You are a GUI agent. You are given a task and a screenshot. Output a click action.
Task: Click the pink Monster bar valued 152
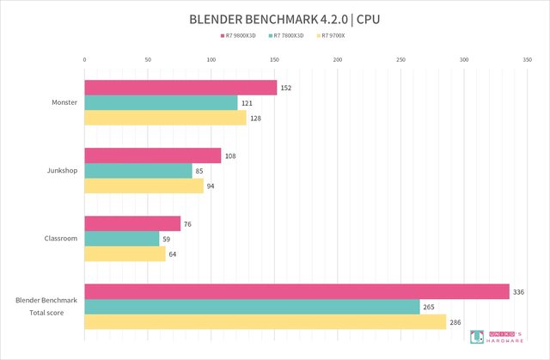point(180,88)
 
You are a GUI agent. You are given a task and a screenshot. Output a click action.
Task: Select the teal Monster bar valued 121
point(161,102)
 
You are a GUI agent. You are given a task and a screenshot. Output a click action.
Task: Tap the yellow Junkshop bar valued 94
point(144,186)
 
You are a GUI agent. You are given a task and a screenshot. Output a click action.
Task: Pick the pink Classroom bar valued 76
point(132,223)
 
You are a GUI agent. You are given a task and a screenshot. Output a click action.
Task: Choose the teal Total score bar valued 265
point(252,307)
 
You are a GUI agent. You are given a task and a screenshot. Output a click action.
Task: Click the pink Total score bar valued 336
point(296,291)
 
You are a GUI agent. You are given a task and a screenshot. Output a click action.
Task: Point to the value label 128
point(255,118)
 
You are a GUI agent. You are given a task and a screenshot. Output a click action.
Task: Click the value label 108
point(229,156)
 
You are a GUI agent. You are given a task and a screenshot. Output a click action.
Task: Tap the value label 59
point(168,239)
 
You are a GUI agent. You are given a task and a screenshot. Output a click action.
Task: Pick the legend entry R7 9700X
point(337,36)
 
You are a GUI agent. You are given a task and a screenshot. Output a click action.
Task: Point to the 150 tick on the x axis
point(274,59)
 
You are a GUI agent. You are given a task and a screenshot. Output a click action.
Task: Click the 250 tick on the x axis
point(400,59)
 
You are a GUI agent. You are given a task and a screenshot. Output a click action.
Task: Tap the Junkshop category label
point(63,170)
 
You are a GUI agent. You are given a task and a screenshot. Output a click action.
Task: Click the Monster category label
point(64,102)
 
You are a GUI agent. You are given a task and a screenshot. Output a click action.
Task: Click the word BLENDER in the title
point(220,18)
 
